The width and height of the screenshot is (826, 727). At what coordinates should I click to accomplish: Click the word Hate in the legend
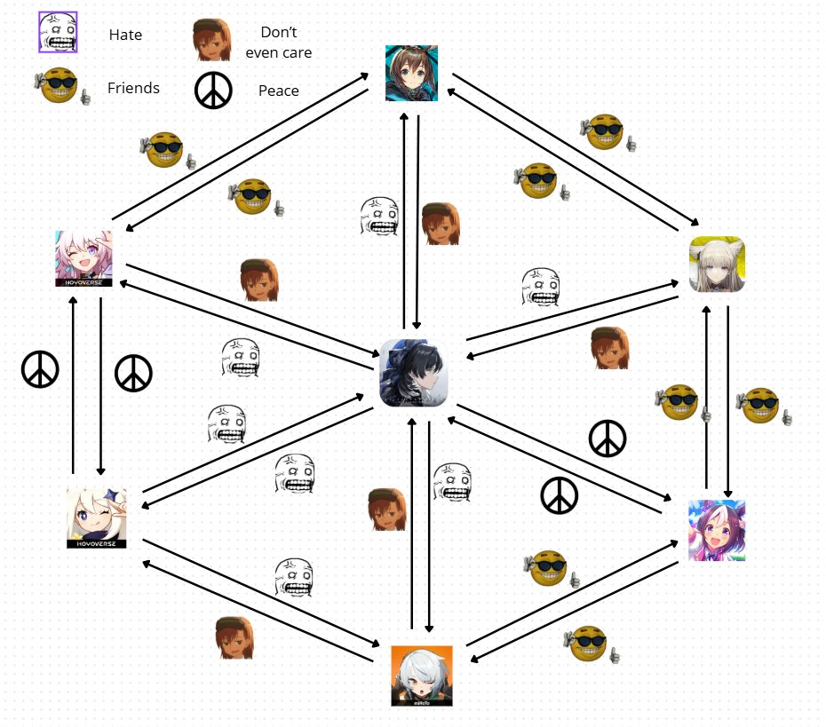[x=125, y=36]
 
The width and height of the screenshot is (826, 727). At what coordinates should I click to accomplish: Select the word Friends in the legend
[x=133, y=88]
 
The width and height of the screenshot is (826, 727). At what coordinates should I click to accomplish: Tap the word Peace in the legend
[x=278, y=91]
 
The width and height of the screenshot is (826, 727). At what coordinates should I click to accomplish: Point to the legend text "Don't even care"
[x=278, y=43]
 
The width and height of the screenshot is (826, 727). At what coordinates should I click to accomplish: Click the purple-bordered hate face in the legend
[x=59, y=34]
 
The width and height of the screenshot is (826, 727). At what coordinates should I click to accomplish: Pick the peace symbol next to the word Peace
[x=213, y=90]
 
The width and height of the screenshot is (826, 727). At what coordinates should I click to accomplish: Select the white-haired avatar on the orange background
[x=422, y=676]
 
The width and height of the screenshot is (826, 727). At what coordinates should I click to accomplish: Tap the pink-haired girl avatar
[x=84, y=258]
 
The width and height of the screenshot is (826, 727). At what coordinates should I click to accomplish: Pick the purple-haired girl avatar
[x=717, y=530]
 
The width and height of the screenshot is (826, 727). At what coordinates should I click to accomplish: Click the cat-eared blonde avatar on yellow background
[x=717, y=264]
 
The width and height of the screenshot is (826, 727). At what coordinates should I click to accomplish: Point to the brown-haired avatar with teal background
[x=411, y=74]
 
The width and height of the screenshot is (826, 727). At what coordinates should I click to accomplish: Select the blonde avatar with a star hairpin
[x=96, y=518]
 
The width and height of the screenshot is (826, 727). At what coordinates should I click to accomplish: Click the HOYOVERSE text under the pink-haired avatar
[x=84, y=282]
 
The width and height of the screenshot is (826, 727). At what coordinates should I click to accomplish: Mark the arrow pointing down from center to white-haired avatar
[x=430, y=524]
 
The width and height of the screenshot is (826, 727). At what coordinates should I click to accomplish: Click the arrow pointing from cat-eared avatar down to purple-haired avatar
[x=728, y=399]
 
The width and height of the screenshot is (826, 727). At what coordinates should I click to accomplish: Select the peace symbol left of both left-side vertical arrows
[x=40, y=369]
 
